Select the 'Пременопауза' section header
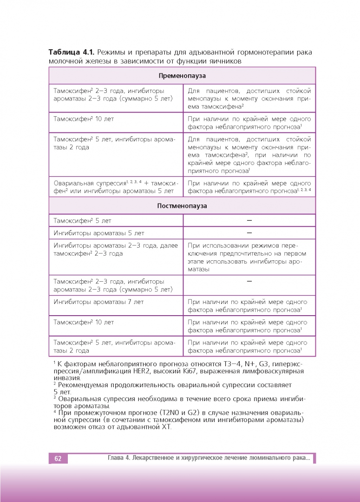click(182, 75)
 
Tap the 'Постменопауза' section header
click(182, 205)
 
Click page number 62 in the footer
click(58, 459)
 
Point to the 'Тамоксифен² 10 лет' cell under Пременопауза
click(84, 119)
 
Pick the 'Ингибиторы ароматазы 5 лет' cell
click(99, 233)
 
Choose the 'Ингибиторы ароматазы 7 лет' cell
click(99, 302)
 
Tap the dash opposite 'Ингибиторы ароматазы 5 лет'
click(249, 233)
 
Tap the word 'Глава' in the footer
click(116, 459)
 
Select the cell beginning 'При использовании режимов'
click(249, 257)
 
